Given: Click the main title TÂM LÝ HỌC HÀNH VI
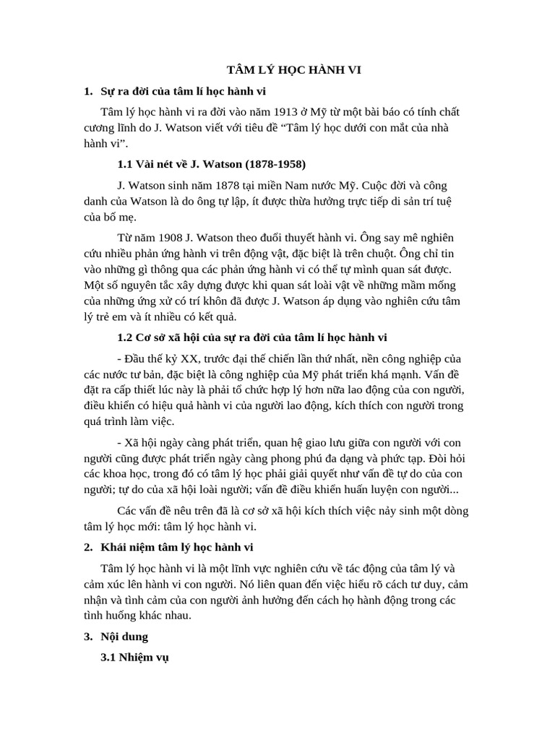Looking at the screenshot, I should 293,70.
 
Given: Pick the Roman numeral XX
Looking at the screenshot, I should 192,359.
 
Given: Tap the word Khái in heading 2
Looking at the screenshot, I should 116,546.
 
